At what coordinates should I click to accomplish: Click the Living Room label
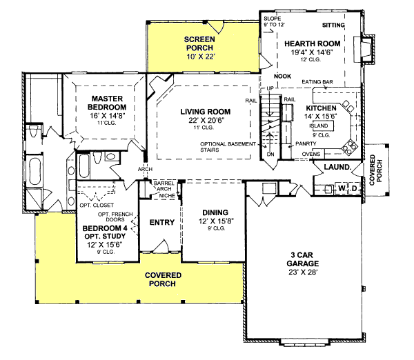tap(206, 112)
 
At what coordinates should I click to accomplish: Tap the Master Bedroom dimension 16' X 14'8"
tap(107, 116)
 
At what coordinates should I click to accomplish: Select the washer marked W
tap(342, 188)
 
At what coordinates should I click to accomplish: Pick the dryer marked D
tap(355, 188)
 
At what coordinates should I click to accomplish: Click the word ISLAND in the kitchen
tap(319, 126)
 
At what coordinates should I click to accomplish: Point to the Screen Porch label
tap(199, 43)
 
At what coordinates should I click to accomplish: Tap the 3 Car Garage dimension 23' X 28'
tap(303, 272)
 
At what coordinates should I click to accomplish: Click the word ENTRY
tap(162, 222)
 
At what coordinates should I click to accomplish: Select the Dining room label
tap(215, 212)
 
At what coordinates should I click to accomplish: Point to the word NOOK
tap(282, 77)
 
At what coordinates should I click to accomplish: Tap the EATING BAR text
tap(317, 82)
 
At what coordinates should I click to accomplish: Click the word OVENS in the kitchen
tap(311, 154)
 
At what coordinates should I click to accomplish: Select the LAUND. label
tap(337, 167)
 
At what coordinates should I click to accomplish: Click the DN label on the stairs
tap(270, 154)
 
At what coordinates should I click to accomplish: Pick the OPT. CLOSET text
tap(97, 205)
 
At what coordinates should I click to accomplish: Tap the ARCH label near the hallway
tap(145, 169)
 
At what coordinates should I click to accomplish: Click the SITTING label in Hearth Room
tap(333, 25)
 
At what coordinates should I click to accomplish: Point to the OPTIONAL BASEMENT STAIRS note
tap(228, 147)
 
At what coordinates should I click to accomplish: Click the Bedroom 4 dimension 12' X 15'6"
tap(105, 245)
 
